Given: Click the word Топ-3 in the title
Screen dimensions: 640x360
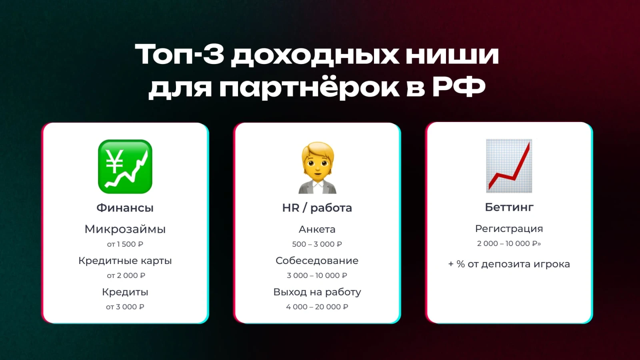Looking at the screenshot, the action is [180, 54].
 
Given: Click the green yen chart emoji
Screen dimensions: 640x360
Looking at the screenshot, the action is [125, 166].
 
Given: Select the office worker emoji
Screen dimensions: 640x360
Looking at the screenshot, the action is [318, 168].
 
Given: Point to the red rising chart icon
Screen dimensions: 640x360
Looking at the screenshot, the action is [509, 166].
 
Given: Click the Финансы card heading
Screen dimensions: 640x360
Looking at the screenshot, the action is [125, 208].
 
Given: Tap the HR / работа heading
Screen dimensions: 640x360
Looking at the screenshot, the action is [317, 208].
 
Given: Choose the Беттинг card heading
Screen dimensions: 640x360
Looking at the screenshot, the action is [509, 207].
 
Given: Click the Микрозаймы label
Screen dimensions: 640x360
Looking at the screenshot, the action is [125, 229].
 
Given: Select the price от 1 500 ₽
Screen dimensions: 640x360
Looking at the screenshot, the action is [125, 244].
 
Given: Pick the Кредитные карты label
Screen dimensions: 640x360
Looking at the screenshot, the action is [125, 260].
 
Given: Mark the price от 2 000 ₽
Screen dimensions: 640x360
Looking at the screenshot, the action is [126, 276].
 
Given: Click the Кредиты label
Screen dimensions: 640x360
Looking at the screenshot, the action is [125, 292].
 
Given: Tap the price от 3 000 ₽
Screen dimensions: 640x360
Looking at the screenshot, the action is [125, 307].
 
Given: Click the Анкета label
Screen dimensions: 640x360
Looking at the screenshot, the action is [317, 230].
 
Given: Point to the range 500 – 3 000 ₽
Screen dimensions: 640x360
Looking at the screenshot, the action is [317, 244].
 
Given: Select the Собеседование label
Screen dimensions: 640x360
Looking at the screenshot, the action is [317, 260].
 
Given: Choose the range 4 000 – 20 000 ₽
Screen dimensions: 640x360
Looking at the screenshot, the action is [317, 307].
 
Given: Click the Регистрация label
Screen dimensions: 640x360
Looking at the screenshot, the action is [509, 229].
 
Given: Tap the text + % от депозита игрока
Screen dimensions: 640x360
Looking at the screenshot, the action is [509, 264].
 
